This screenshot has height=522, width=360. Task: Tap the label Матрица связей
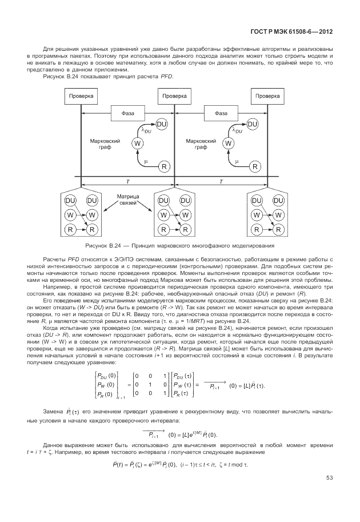pyautogui.click(x=128, y=200)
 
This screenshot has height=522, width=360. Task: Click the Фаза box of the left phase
pyautogui.click(x=128, y=113)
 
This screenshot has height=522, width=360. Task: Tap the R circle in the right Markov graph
pyautogui.click(x=255, y=166)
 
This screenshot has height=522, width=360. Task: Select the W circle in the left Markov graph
pyautogui.click(x=138, y=144)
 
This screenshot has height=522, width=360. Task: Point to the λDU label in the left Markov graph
pyautogui.click(x=147, y=132)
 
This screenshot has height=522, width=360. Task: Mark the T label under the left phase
pyautogui.click(x=128, y=181)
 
